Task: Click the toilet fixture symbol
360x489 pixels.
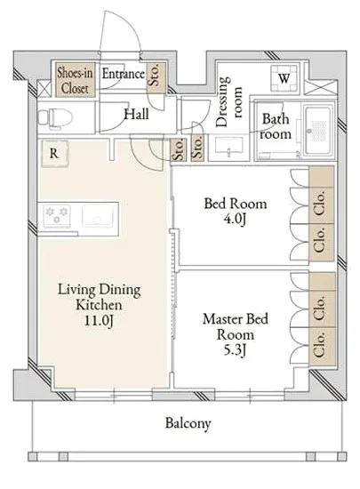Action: click(x=55, y=118)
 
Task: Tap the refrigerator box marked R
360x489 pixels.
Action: click(x=54, y=153)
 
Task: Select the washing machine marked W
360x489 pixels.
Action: click(x=284, y=78)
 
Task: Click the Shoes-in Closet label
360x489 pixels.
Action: click(x=75, y=81)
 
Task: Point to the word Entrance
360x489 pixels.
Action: click(x=124, y=74)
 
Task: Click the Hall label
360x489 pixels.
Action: click(x=137, y=114)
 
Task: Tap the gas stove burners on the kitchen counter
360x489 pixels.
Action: click(x=57, y=216)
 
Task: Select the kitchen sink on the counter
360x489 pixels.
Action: click(x=97, y=216)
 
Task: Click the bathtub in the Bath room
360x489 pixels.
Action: click(x=317, y=131)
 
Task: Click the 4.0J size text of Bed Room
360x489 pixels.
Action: click(x=236, y=220)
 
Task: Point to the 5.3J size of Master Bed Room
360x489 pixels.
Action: click(x=236, y=350)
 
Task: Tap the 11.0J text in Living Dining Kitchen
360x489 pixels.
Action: click(x=99, y=321)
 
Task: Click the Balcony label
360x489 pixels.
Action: click(x=188, y=423)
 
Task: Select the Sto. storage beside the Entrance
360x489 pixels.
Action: click(x=156, y=75)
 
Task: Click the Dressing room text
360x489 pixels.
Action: click(x=228, y=102)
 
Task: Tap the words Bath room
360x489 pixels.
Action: click(x=276, y=126)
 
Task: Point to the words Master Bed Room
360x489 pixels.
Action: click(x=236, y=326)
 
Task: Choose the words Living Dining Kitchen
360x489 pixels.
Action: click(x=100, y=297)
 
